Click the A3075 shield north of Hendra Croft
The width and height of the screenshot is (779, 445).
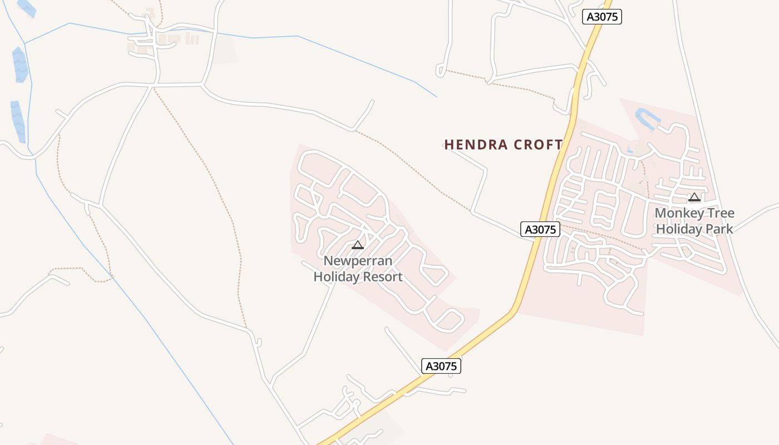602,17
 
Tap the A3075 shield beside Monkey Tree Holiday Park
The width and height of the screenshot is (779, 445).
540,229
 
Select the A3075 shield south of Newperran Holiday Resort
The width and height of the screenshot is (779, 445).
441,365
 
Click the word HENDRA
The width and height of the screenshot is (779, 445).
476,145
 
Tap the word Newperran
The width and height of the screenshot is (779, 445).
358,261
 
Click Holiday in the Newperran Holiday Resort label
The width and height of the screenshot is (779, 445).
337,276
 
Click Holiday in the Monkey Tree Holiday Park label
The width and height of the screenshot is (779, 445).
680,229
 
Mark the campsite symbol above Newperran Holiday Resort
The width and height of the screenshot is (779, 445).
358,245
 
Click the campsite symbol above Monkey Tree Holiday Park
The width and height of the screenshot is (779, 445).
694,197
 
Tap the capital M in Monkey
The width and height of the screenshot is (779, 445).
660,213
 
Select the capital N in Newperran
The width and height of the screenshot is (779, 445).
328,261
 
